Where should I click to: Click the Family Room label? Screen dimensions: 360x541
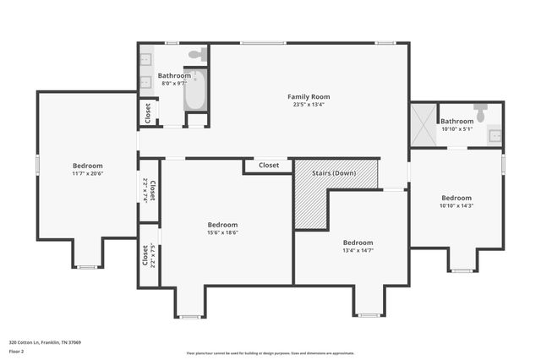pos(309,97)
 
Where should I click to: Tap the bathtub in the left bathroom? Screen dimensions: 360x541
pos(195,90)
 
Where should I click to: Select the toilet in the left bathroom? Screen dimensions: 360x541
pos(195,56)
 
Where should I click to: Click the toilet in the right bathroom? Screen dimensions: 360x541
pos(480,112)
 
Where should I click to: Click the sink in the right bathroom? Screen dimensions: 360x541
pos(495,135)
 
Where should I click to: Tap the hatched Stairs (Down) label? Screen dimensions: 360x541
pos(333,173)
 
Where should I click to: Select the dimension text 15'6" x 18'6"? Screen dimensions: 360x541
pos(223,232)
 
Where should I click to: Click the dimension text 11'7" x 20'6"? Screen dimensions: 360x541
pos(88,173)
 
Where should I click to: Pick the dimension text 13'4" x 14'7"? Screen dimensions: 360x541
pos(358,250)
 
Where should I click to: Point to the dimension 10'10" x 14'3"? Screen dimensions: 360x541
pos(456,205)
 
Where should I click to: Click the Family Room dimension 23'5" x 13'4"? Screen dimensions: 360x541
pos(309,105)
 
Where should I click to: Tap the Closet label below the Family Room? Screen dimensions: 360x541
pos(269,166)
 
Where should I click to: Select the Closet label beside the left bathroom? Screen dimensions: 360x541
pos(148,112)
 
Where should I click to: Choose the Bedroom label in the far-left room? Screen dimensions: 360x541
pos(88,166)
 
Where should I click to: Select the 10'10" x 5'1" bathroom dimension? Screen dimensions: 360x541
pos(456,128)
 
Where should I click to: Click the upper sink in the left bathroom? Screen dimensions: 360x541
pos(145,59)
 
